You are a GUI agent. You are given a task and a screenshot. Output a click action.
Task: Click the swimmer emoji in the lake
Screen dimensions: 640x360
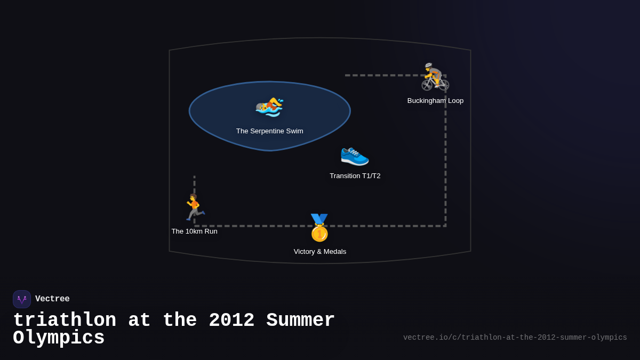(269, 107)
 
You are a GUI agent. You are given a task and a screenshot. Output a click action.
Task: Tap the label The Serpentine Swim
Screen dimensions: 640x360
(269, 131)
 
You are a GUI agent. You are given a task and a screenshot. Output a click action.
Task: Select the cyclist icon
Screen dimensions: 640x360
(435, 77)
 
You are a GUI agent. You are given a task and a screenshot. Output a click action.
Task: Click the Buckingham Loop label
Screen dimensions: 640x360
(435, 101)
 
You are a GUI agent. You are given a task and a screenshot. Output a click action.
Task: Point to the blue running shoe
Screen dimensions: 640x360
(355, 156)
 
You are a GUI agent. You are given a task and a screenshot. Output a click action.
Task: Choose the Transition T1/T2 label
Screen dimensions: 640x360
(355, 176)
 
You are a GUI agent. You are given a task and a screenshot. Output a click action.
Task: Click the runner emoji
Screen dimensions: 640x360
(195, 207)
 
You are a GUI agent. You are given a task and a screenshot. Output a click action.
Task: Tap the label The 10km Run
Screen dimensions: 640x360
(194, 231)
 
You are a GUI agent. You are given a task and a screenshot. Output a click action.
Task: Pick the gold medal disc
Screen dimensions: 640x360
(319, 233)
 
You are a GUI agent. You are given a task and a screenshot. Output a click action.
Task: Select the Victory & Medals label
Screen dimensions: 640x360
(319, 252)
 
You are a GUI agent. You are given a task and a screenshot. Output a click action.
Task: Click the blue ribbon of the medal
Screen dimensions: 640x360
(319, 219)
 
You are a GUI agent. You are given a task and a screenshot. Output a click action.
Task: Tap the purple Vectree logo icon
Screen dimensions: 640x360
(22, 299)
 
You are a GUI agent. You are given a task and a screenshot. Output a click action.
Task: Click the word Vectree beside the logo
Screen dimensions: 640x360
(52, 299)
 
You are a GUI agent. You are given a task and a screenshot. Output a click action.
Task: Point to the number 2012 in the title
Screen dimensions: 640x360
(231, 320)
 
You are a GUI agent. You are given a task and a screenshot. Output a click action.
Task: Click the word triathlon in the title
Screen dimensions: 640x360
(65, 320)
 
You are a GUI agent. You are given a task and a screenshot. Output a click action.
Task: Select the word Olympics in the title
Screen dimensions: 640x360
(59, 338)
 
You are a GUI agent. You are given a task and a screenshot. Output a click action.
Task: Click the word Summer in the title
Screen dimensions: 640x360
(300, 320)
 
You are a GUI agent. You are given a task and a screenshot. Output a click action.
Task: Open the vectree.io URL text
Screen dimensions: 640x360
(515, 338)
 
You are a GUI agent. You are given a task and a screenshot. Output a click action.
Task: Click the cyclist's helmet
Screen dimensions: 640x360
(428, 65)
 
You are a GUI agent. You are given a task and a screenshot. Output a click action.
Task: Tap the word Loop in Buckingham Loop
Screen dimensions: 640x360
(455, 101)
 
